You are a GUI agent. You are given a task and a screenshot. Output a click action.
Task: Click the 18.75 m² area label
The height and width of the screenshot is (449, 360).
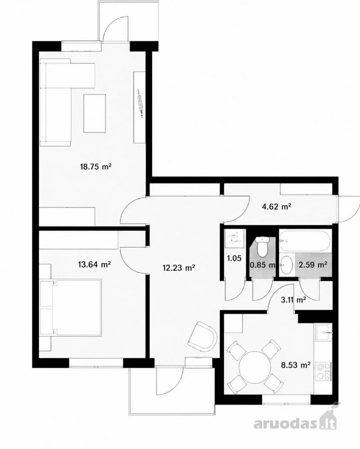pos(96,166)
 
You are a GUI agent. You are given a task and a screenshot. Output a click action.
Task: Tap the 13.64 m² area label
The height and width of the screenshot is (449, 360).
pos(94,264)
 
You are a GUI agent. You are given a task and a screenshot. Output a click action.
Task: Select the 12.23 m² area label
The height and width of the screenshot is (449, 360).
pos(179,268)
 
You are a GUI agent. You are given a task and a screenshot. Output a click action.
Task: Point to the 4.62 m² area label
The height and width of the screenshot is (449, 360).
pos(277,206)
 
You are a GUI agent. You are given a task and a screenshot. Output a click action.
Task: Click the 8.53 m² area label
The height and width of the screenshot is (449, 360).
pos(296,365)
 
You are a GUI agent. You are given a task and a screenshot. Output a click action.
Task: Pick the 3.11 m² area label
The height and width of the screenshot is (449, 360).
pos(294,300)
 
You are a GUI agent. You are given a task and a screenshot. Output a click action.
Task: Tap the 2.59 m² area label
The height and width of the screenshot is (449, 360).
pos(313,264)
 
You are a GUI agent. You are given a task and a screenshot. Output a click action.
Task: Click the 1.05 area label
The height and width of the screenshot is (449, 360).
pos(234,258)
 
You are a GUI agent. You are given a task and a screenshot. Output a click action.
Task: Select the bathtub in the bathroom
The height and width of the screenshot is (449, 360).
pos(305,240)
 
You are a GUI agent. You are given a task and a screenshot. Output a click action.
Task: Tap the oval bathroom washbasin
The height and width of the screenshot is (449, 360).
pos(286,264)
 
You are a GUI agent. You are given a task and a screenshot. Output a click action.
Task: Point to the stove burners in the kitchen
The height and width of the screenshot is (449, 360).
pos(324,371)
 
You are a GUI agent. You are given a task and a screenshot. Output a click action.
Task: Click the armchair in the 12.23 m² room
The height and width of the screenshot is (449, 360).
pos(203,336)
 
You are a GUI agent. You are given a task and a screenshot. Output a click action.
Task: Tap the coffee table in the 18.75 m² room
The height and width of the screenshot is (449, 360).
pos(94,113)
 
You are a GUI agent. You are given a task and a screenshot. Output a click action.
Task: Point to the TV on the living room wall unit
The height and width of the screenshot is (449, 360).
pos(140,103)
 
